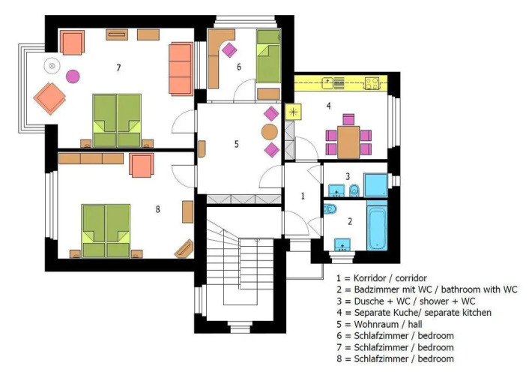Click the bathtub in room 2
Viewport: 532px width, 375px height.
click(377, 226)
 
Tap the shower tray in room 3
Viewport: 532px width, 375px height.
click(375, 184)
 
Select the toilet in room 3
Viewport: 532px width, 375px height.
click(354, 190)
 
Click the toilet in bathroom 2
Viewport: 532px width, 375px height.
click(330, 208)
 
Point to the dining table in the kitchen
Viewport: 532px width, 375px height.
click(348, 142)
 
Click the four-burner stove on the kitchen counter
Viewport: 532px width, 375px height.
click(372, 83)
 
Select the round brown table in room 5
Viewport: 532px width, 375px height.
click(270, 132)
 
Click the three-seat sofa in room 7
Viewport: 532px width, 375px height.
click(181, 68)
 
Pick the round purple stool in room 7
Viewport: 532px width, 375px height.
click(73, 76)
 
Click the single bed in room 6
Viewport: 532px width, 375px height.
click(268, 56)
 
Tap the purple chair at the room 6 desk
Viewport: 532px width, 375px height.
click(229, 50)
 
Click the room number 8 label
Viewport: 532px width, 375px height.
click(158, 209)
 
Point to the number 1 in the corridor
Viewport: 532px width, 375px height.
click(303, 196)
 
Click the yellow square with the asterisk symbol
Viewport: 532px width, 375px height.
click(294, 112)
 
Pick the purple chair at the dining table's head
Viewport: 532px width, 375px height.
click(348, 119)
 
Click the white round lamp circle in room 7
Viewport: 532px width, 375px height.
click(52, 66)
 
